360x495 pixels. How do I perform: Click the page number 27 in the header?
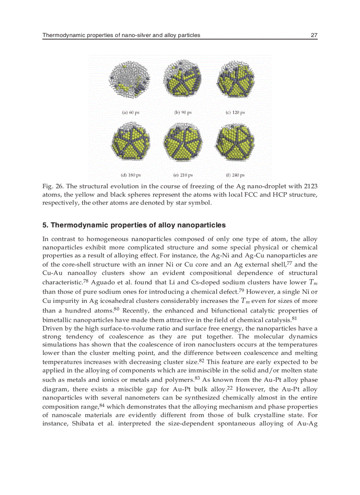click(x=314, y=35)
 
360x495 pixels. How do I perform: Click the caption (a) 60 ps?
click(x=131, y=113)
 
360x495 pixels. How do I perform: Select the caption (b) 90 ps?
click(x=183, y=113)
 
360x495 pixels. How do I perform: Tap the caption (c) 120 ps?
click(x=235, y=113)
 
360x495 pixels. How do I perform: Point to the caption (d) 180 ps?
click(x=131, y=175)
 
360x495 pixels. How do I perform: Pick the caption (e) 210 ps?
click(x=183, y=175)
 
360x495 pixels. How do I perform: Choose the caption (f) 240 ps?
click(x=235, y=175)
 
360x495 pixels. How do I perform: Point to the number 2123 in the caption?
click(x=311, y=186)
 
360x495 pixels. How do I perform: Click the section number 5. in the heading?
click(x=45, y=225)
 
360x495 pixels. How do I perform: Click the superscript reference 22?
click(x=230, y=388)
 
